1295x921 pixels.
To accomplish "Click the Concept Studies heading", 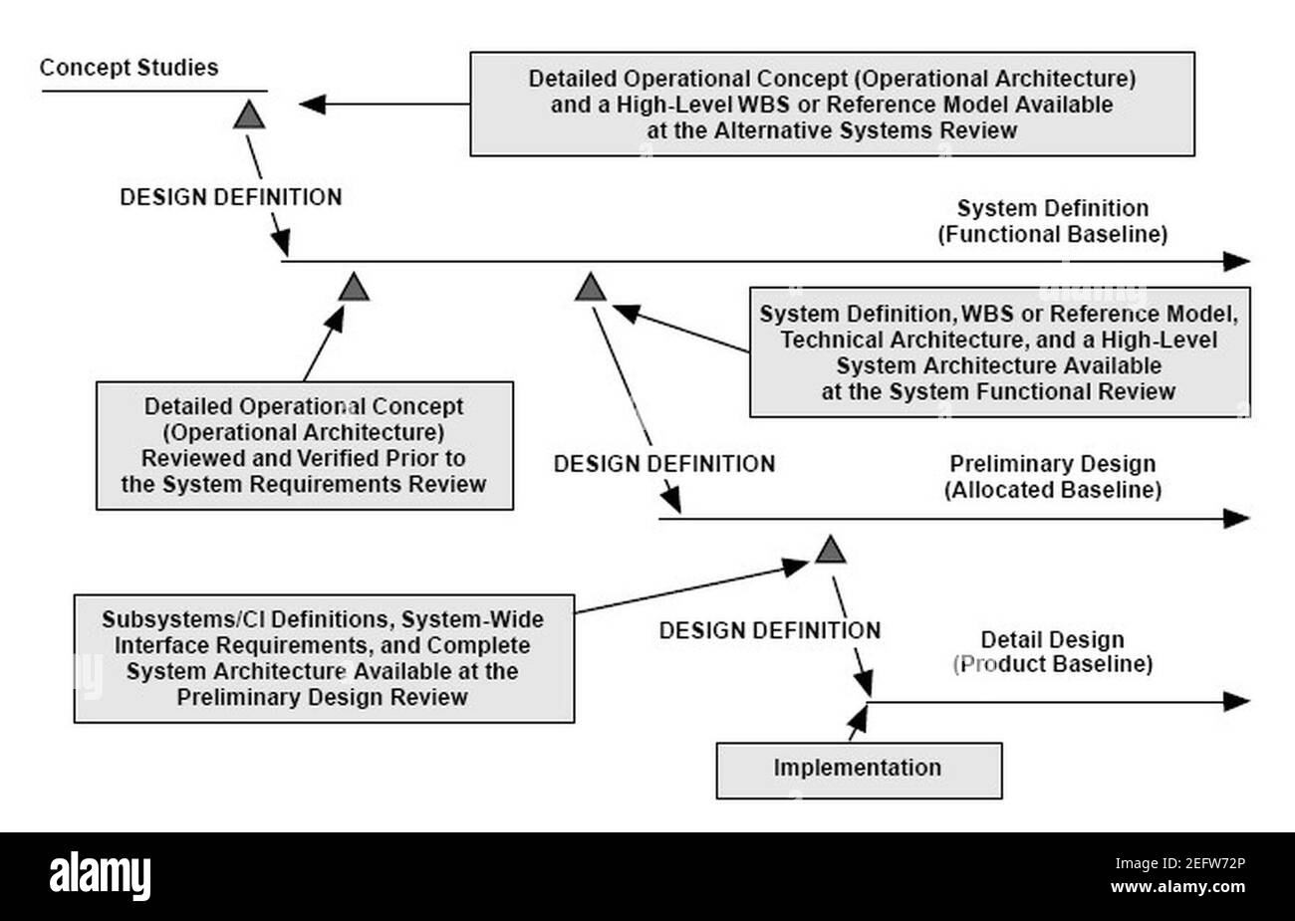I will click(129, 68).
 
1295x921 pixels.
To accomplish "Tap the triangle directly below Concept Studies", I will click(249, 115).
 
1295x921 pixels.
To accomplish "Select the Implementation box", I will click(858, 769).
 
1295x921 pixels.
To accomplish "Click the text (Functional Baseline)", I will click(1052, 235).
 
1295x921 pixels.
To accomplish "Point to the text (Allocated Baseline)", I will click(1052, 490).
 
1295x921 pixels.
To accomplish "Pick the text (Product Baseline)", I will click(1052, 664).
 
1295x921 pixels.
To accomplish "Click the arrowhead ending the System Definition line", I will click(1236, 262).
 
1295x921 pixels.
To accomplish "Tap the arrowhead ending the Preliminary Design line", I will click(1236, 518).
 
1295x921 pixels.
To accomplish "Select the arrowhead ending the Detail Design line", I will click(1236, 701).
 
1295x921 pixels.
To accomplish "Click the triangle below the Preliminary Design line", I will click(830, 550).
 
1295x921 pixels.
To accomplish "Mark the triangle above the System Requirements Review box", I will click(354, 289).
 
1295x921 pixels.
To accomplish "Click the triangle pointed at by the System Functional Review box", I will click(591, 289).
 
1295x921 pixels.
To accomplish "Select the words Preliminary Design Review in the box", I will click(323, 696).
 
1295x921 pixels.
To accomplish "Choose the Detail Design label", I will click(1052, 639).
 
